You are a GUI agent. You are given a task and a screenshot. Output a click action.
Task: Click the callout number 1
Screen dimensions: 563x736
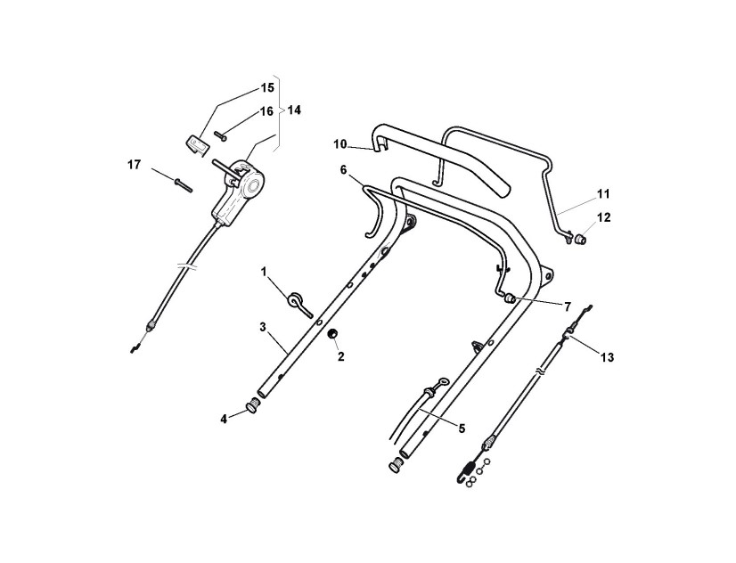264,270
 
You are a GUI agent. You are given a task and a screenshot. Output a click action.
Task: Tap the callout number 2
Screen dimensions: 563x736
339,355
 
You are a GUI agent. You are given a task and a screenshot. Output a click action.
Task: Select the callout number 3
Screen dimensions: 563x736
264,327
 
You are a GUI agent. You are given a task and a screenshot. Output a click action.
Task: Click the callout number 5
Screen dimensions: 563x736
462,428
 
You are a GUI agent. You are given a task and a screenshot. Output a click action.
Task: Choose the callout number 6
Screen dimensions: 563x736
343,168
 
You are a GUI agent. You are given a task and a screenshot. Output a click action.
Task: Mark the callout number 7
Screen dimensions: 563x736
566,306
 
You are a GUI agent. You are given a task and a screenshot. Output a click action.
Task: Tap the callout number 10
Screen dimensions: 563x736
339,143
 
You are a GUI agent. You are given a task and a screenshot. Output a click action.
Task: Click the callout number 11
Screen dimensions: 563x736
603,192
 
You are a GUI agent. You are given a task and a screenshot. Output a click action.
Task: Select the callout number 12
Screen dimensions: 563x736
603,216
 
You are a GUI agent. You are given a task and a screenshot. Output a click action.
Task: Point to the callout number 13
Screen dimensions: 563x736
607,357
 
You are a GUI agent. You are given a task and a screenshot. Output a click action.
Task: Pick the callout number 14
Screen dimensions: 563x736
294,110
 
